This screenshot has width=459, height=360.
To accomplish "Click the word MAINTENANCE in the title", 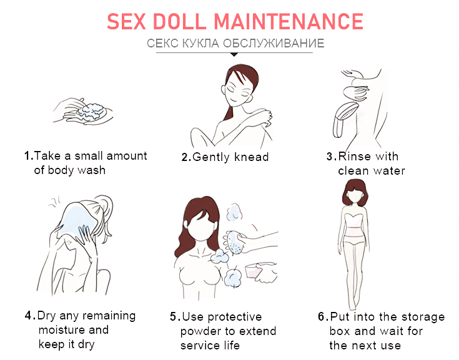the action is [289, 22].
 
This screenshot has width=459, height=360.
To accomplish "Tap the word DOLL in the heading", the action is [179, 22].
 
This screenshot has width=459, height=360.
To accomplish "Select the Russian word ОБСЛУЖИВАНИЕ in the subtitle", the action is [274, 43].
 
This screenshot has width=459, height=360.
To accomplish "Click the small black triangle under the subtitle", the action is [234, 54].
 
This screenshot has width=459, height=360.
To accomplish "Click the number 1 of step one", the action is [27, 156].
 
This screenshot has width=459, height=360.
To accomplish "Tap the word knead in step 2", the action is [252, 157].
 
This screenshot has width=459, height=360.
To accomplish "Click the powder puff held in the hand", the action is [234, 243].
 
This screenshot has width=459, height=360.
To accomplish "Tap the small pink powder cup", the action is [254, 271].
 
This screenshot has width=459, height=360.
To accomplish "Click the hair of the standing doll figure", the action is [355, 193].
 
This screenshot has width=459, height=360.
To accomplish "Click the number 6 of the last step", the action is [321, 317].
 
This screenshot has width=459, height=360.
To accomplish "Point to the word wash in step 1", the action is [92, 170].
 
